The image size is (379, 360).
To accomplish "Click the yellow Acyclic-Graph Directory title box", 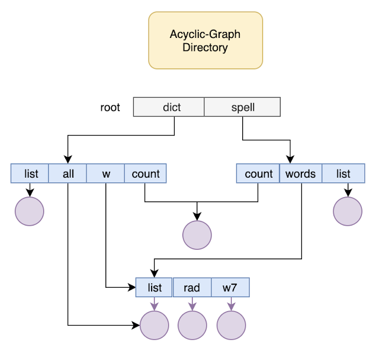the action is pyautogui.click(x=205, y=40).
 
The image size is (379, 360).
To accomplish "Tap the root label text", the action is pyautogui.click(x=110, y=107).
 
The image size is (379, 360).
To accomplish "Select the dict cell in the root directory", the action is pyautogui.click(x=169, y=107).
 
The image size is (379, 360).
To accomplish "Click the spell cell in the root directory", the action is pyautogui.click(x=242, y=107).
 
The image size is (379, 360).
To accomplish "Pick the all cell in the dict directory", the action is pyautogui.click(x=68, y=173).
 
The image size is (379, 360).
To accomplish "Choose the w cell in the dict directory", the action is pyautogui.click(x=105, y=173).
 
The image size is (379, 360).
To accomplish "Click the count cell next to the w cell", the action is pyautogui.click(x=146, y=173).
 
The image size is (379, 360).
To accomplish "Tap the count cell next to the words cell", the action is pyautogui.click(x=258, y=173).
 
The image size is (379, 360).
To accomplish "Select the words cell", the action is pyautogui.click(x=301, y=173).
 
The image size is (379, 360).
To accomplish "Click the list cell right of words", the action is pyautogui.click(x=343, y=173).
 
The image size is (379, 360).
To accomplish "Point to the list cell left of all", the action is pyautogui.click(x=30, y=173).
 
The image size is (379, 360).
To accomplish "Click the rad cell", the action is pyautogui.click(x=192, y=287).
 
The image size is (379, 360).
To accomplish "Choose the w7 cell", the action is pyautogui.click(x=230, y=287).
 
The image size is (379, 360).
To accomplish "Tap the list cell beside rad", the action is pyautogui.click(x=154, y=287).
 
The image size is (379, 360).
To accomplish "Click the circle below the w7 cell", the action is pyautogui.click(x=232, y=325).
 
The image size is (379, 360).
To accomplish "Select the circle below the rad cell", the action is pyautogui.click(x=192, y=325).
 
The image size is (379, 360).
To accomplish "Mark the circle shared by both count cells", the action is pyautogui.click(x=197, y=235).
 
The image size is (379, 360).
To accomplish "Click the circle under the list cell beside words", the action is pyautogui.click(x=348, y=211).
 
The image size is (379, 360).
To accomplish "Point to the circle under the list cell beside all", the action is pyautogui.click(x=30, y=211).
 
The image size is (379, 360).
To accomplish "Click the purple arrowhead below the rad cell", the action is pyautogui.click(x=192, y=307).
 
